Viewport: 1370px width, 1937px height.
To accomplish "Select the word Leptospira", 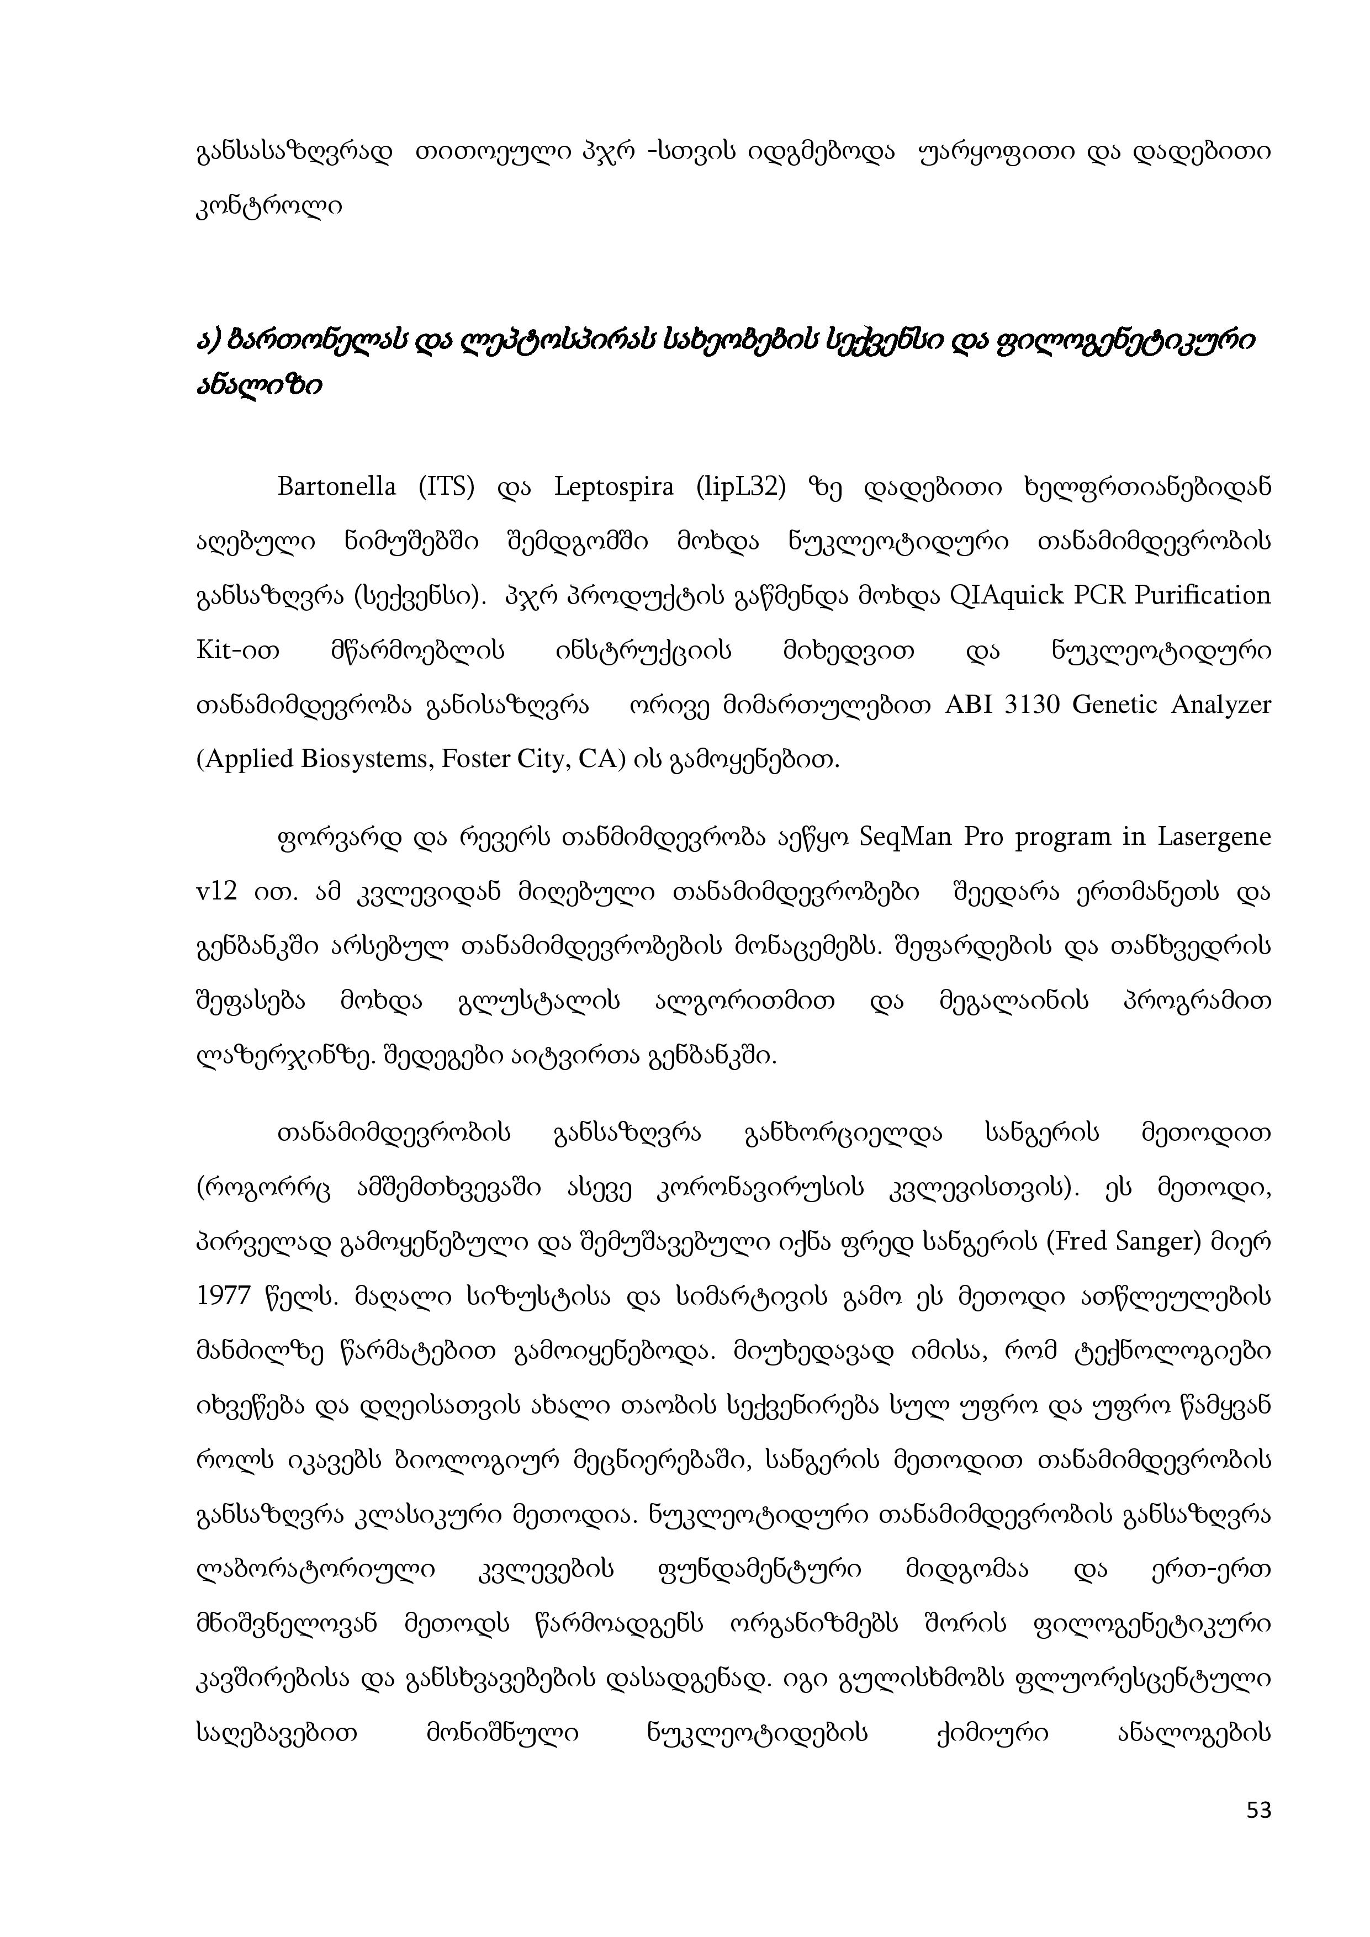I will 613,488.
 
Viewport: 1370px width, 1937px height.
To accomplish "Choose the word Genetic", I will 1114,705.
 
